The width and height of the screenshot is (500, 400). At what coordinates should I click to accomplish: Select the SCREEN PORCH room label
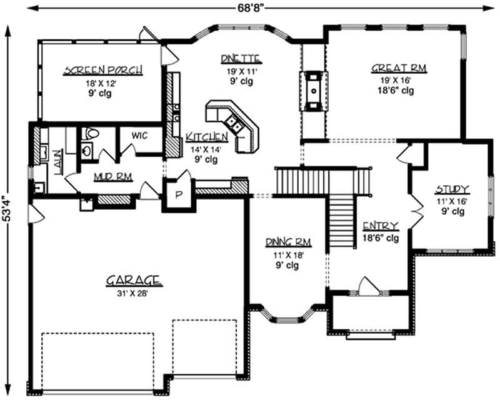tap(102, 70)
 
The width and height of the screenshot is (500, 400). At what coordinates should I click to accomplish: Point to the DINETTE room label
tap(240, 59)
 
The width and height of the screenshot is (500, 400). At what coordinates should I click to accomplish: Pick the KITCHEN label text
tap(206, 137)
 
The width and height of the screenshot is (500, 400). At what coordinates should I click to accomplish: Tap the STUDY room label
tap(452, 189)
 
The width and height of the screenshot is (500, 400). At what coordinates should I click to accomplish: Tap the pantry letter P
tap(177, 195)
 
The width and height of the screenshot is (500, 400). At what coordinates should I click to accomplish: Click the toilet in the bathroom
tap(91, 133)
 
